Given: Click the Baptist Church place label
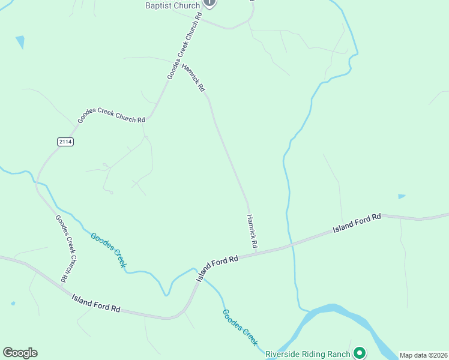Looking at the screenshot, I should [172, 5].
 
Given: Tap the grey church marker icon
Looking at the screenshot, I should [209, 2].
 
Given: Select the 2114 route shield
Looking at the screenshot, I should [65, 142].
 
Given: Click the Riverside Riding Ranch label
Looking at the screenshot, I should [307, 353].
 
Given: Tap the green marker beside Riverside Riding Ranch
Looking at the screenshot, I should [360, 353].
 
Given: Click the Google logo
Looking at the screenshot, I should [20, 353].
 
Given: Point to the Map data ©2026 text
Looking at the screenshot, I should [423, 355].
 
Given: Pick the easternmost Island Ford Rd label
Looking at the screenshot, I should [357, 223].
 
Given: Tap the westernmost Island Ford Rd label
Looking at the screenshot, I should [96, 303].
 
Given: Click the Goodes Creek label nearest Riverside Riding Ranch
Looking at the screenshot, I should [240, 327].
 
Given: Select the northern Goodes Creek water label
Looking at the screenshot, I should [109, 251].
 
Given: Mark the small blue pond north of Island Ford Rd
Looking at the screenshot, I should [401, 196].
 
